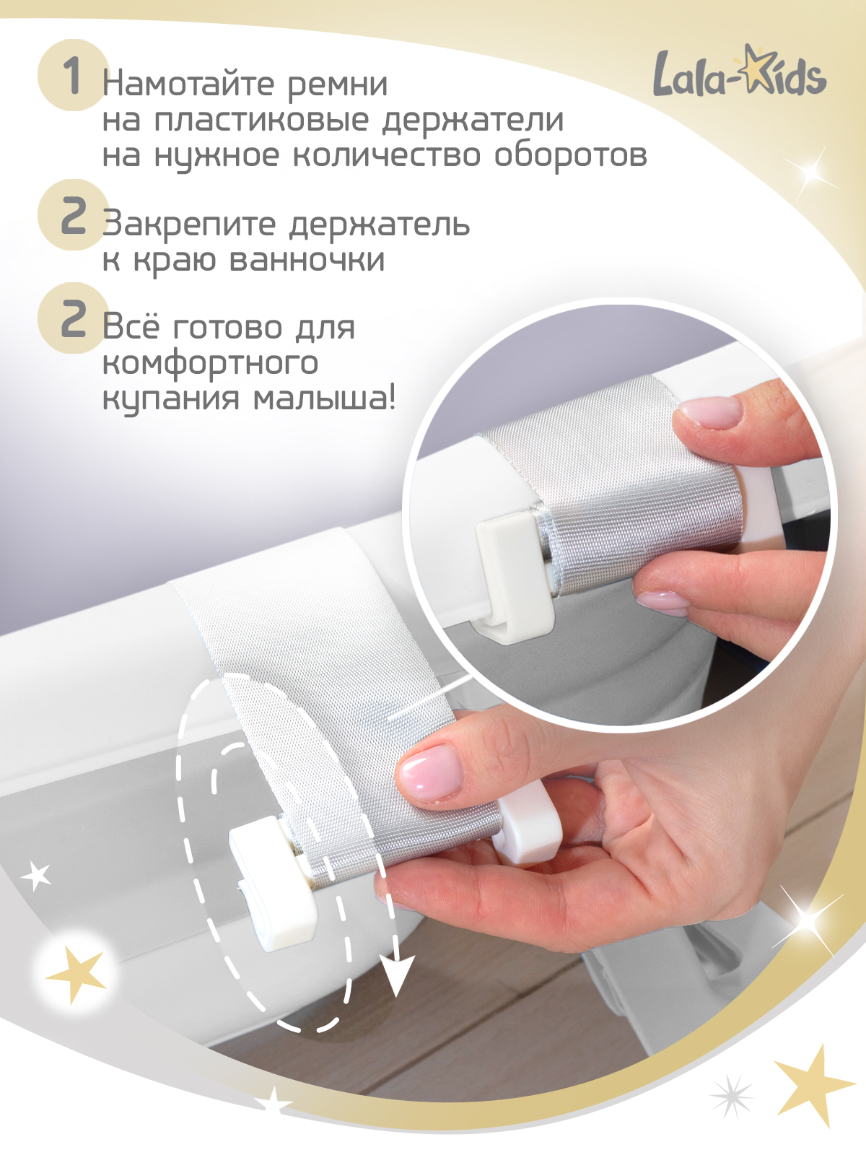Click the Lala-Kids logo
740,72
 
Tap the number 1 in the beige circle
71,75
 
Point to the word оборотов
570,155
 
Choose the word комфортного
210,362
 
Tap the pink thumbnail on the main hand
431,772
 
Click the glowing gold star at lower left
76,975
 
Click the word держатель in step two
380,225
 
